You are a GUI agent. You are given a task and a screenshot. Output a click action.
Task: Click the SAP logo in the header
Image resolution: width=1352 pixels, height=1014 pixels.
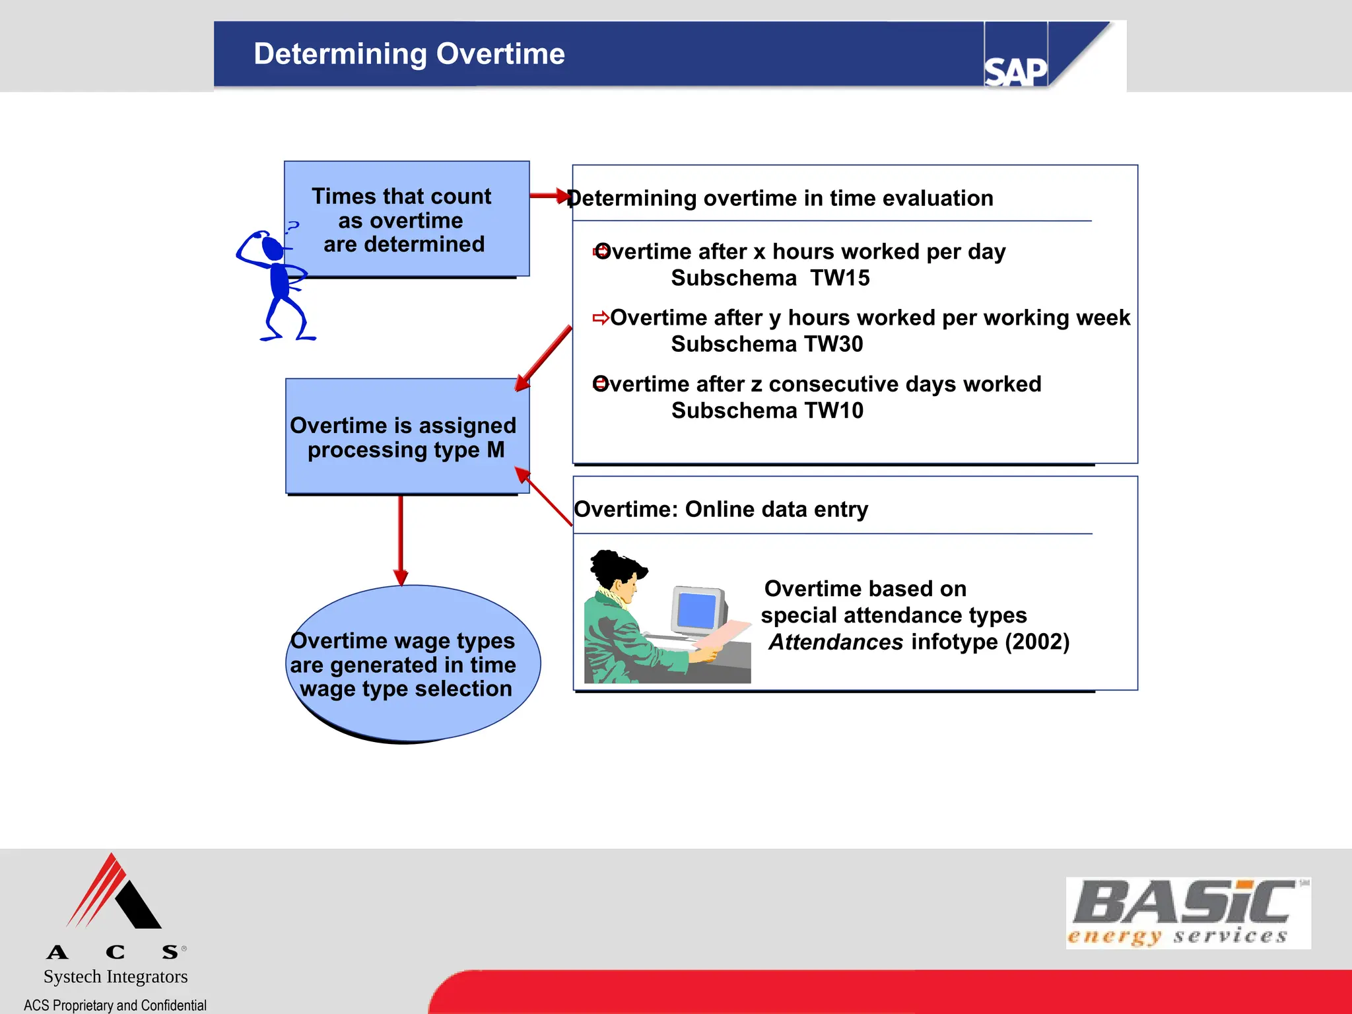tap(1015, 71)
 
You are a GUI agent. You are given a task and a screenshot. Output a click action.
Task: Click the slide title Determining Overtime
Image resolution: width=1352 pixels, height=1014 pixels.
tap(409, 54)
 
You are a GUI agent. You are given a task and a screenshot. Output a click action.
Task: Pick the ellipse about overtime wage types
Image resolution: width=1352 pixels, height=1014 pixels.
tap(413, 664)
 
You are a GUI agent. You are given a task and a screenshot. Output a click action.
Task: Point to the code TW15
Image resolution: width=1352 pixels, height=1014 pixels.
tap(840, 279)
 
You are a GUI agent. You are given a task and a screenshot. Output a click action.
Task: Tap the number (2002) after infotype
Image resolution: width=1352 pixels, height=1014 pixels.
tap(1037, 642)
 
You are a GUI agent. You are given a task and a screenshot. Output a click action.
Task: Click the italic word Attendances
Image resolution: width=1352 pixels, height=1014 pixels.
tap(836, 642)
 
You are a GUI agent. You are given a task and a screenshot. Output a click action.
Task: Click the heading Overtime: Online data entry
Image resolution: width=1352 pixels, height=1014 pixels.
tap(721, 510)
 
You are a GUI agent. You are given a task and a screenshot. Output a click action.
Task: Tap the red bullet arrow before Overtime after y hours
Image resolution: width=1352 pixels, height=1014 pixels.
tap(600, 318)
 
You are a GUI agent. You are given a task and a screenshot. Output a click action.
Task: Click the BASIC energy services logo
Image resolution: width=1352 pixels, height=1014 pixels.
tap(1188, 913)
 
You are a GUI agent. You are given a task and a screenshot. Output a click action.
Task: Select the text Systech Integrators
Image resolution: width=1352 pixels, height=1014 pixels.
tap(116, 976)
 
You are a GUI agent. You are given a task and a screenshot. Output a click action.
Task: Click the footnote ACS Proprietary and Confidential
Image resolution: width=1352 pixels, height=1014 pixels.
tap(115, 1005)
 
